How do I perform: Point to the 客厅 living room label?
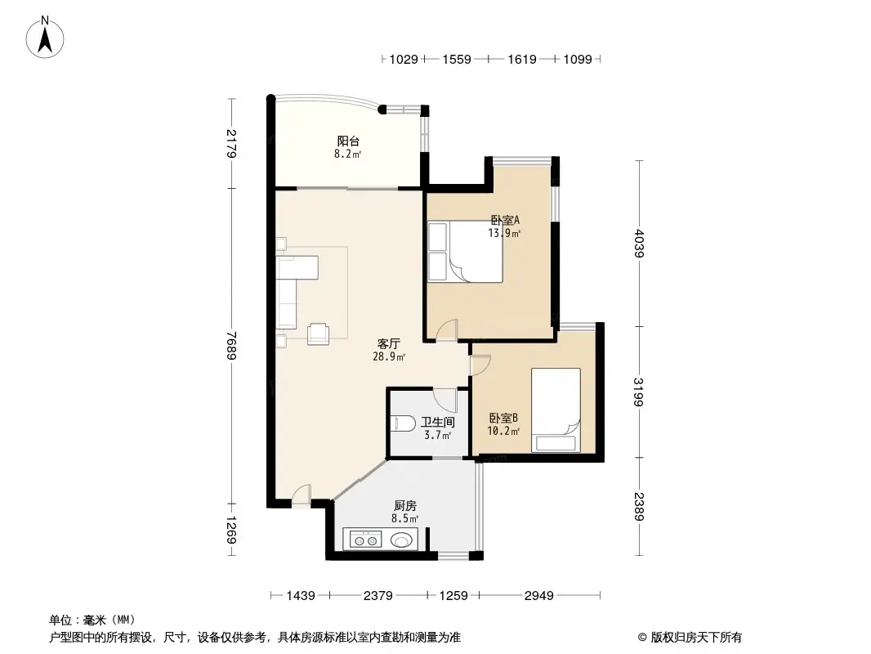point(387,344)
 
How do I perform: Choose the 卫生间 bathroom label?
point(438,423)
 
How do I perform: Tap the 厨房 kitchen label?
point(404,506)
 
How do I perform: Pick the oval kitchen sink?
point(402,540)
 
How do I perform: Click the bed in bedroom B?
point(556,409)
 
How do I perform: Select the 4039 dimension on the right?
point(639,242)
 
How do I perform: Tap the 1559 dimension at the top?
point(456,60)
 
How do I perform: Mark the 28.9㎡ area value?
point(389,357)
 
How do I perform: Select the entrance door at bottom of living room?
point(301,495)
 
